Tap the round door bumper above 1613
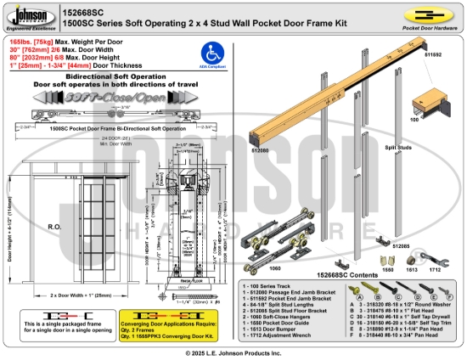click(x=410, y=257)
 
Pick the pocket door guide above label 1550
click(x=386, y=257)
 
